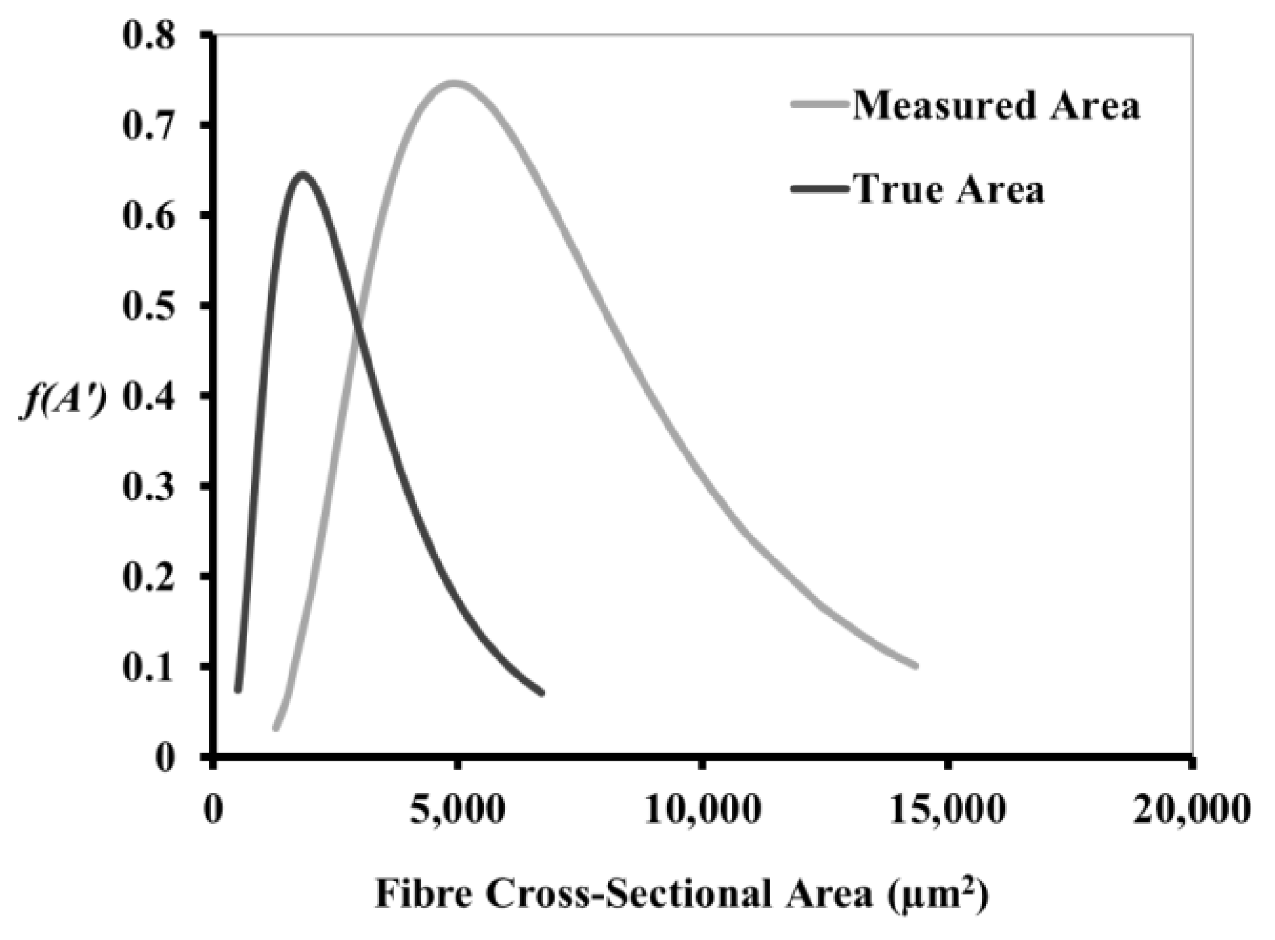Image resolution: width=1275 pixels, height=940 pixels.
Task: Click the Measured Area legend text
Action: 996,106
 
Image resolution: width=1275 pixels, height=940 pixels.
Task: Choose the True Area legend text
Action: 949,190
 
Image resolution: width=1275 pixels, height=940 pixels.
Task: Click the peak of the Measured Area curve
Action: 454,83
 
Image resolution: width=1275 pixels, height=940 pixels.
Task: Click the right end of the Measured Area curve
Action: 916,666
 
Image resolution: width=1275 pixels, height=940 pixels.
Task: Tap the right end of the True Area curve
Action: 542,692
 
